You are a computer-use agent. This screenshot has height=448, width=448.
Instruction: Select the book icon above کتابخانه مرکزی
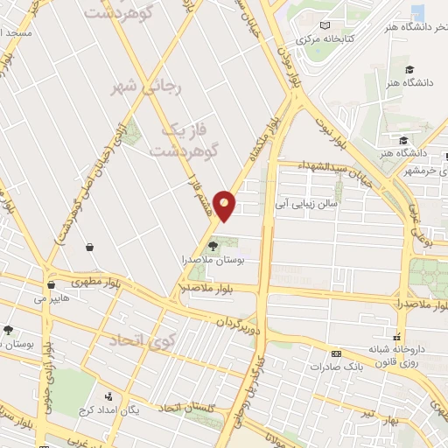click(325, 26)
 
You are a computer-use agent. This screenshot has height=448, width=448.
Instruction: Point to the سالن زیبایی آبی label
click(307, 203)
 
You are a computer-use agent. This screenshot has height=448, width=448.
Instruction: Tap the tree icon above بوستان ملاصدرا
click(214, 246)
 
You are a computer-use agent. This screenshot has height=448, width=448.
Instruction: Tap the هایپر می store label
click(51, 298)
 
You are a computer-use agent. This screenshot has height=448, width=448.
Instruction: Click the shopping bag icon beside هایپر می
click(52, 284)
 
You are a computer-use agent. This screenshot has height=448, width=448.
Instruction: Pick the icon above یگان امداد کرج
click(108, 396)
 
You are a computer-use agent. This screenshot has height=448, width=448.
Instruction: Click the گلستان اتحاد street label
click(180, 407)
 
